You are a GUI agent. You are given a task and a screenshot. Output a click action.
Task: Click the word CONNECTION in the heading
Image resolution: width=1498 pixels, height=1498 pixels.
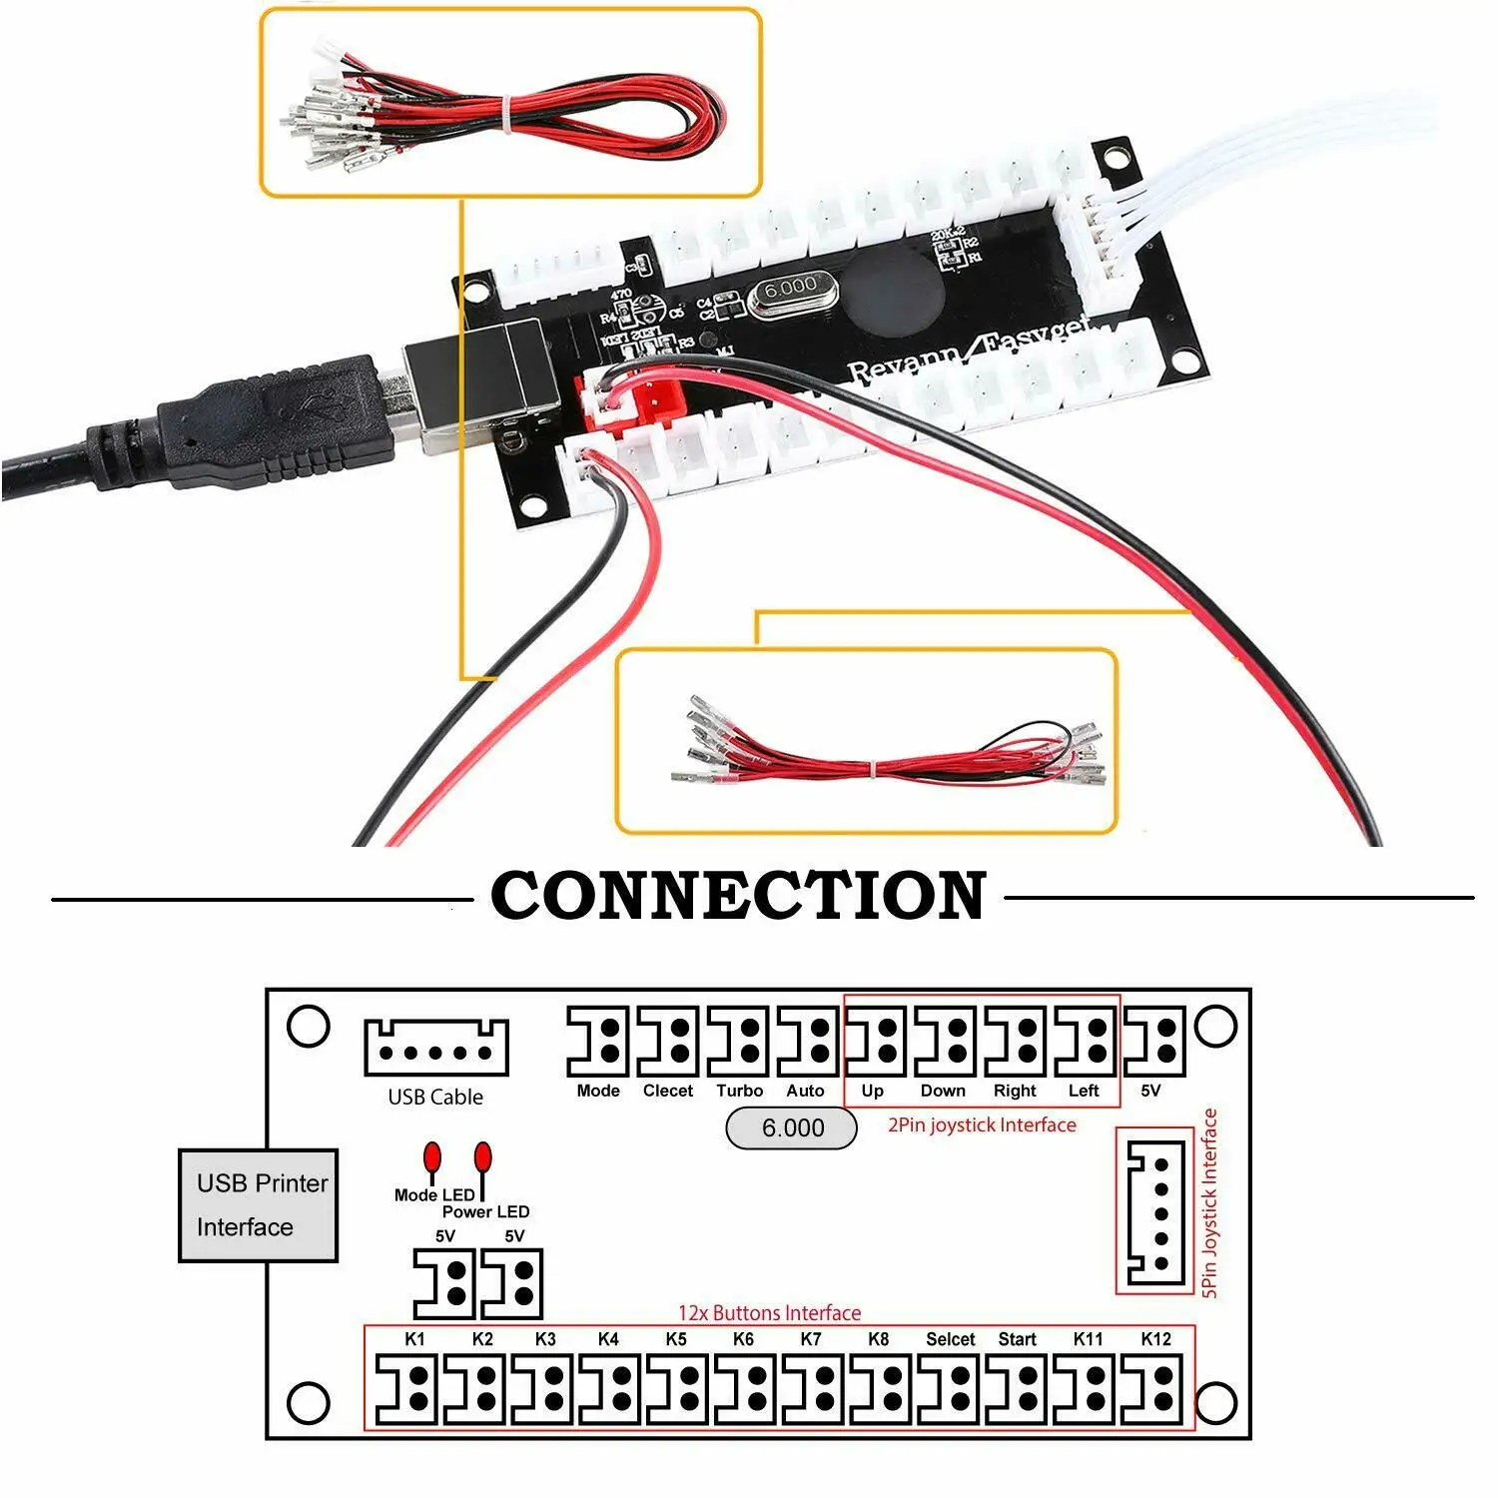pos(738,896)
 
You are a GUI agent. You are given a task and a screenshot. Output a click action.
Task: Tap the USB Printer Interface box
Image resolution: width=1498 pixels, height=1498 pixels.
pos(258,1205)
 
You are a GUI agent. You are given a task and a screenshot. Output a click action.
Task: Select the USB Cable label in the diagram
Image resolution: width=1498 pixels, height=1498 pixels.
pos(435,1097)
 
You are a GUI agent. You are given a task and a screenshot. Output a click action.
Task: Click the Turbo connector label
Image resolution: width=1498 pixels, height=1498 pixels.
pos(739,1091)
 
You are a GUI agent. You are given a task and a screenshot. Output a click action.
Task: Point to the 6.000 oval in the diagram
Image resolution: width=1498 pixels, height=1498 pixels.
pos(791,1128)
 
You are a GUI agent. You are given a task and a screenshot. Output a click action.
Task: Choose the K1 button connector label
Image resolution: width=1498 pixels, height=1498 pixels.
pos(414,1339)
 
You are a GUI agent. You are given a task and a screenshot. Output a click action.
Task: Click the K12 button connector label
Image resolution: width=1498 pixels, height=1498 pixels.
pos(1155,1339)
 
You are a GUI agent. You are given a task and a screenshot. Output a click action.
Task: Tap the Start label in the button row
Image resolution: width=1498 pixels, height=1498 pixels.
pos(1017,1339)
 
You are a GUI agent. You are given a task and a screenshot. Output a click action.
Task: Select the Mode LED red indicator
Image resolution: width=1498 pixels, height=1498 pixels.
pos(432,1157)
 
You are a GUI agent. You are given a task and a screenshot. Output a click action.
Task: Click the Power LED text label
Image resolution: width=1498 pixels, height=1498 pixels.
pos(485,1211)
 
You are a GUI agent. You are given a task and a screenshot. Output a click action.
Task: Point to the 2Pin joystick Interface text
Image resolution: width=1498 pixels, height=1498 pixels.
pos(982,1125)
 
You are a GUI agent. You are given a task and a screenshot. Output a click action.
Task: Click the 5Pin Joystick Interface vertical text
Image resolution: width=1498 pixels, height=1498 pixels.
pos(1209,1202)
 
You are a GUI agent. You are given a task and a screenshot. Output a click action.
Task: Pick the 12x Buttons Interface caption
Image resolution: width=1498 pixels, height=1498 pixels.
pos(769,1313)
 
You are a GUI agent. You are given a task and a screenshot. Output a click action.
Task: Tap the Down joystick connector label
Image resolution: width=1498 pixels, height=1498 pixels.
pos(942,1091)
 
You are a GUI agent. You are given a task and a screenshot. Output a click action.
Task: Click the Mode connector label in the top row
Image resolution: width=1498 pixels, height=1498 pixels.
pos(598,1091)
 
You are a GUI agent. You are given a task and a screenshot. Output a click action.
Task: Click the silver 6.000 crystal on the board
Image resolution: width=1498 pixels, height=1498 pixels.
pos(791,291)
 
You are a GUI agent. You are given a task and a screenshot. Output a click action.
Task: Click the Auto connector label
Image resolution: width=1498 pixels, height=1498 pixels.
pos(805,1091)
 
